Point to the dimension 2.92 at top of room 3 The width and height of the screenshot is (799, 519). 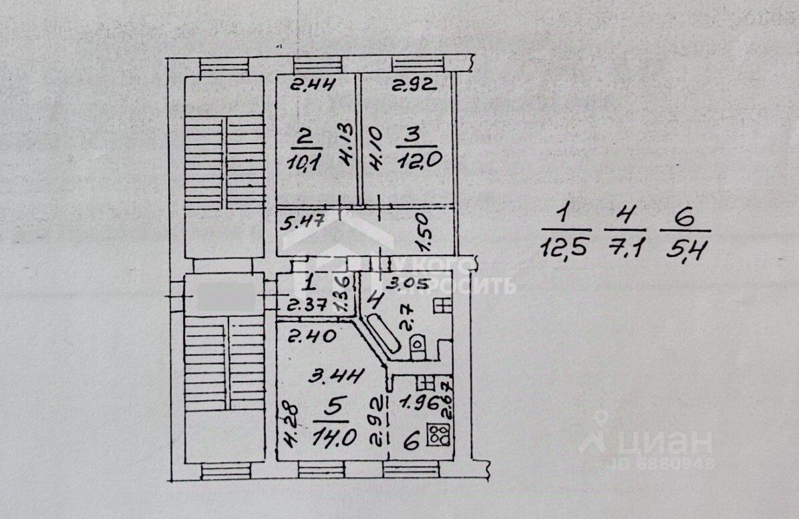414,84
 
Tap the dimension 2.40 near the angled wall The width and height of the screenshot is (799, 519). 302,336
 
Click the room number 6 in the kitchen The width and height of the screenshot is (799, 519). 412,440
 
